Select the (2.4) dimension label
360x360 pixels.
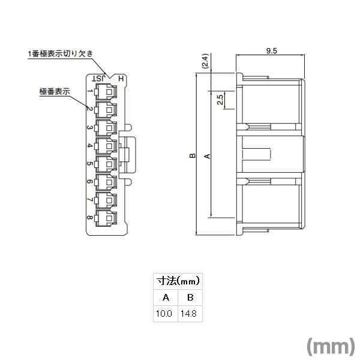click(x=205, y=62)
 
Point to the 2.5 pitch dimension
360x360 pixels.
click(x=220, y=100)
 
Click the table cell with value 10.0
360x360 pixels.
click(x=165, y=314)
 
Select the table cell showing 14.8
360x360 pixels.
click(x=190, y=314)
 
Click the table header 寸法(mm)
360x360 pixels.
click(x=178, y=280)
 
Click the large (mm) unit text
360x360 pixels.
click(x=331, y=347)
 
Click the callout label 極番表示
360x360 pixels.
click(x=55, y=91)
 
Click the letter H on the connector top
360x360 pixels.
click(x=121, y=79)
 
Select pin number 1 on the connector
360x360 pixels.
click(x=89, y=91)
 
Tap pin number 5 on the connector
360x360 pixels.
click(x=89, y=164)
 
